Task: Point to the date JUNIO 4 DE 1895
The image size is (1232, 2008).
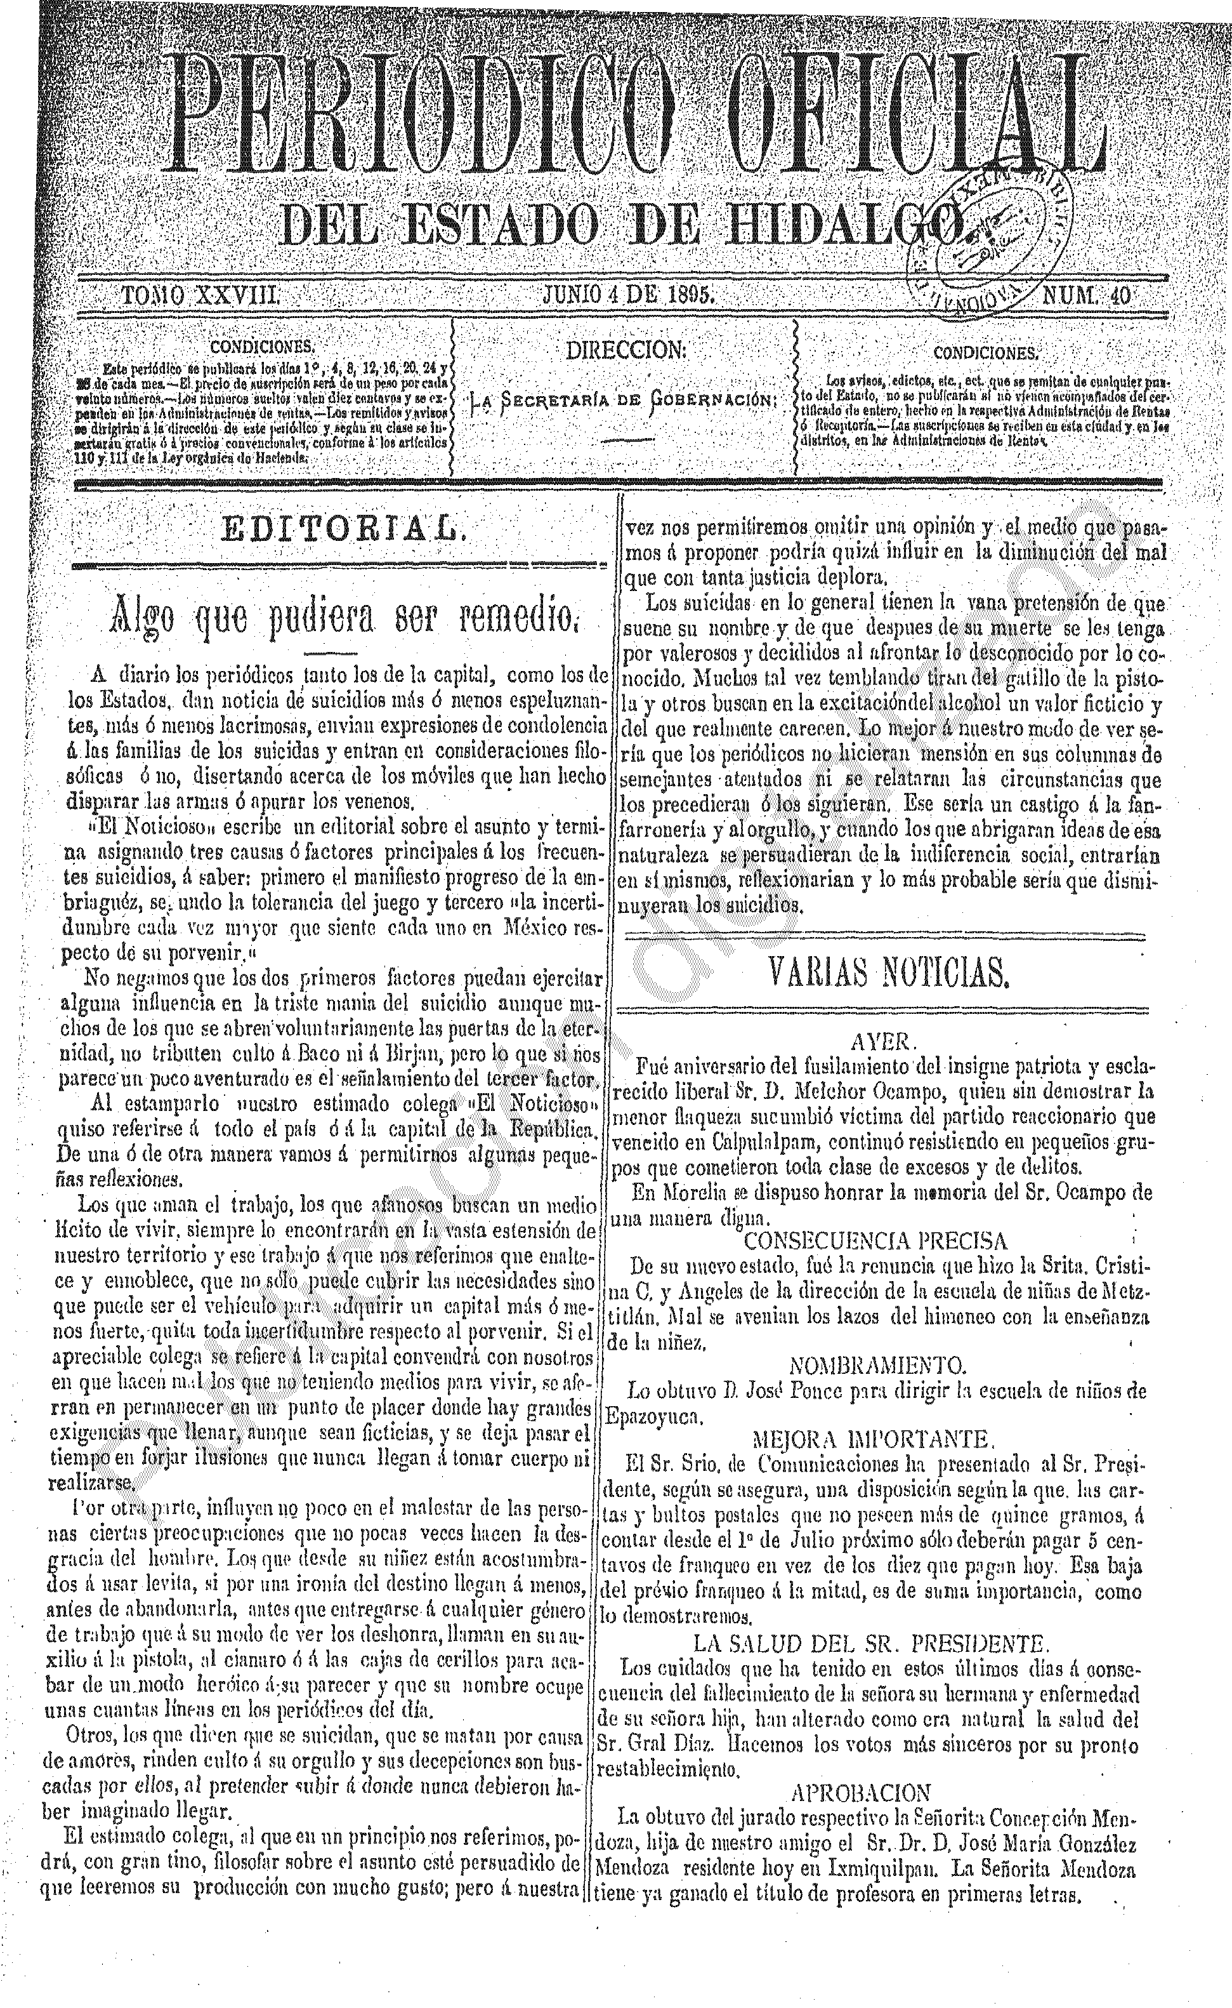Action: (x=628, y=295)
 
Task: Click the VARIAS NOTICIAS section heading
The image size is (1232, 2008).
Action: (x=888, y=973)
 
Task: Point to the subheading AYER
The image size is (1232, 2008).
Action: (x=884, y=1042)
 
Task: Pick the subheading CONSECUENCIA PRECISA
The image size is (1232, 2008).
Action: (x=876, y=1241)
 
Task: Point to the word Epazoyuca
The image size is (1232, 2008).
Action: (x=653, y=1417)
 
